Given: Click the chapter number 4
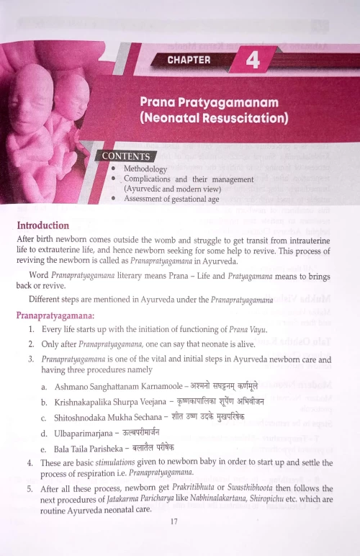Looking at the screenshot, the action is [253, 60].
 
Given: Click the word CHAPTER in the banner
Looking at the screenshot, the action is [189, 60].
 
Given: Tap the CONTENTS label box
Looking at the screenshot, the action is [126, 156].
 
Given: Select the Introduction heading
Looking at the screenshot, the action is [43, 225].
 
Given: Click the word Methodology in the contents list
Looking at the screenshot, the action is [145, 169].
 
